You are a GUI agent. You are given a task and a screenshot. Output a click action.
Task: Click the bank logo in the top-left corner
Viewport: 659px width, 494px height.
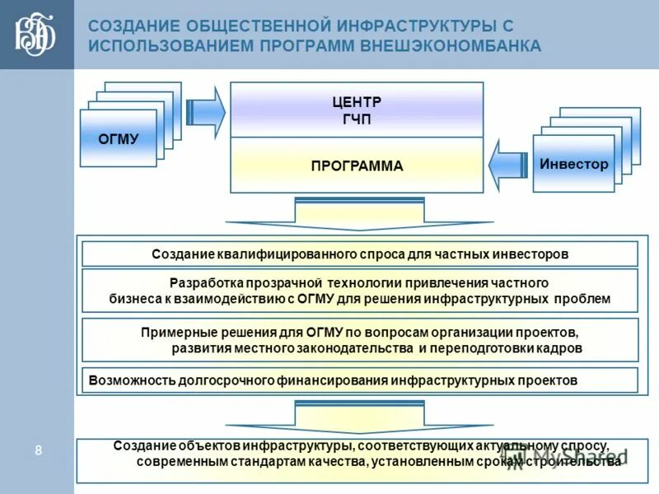[35, 35]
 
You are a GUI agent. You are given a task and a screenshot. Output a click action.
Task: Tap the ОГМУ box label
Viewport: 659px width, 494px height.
[118, 138]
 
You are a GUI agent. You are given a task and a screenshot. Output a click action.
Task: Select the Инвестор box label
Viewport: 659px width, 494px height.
[573, 164]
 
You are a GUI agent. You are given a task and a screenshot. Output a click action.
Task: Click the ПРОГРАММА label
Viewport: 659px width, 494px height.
[357, 165]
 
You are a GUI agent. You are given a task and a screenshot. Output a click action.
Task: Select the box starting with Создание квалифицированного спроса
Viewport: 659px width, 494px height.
[360, 254]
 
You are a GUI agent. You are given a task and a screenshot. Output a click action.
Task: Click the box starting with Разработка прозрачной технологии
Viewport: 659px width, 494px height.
[360, 290]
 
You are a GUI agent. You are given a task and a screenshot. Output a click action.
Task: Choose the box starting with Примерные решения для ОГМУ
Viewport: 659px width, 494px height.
[360, 340]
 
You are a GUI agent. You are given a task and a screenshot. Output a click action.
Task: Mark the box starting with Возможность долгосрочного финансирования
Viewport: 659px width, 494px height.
[360, 380]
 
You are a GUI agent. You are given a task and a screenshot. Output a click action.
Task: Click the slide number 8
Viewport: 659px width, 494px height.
[38, 450]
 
